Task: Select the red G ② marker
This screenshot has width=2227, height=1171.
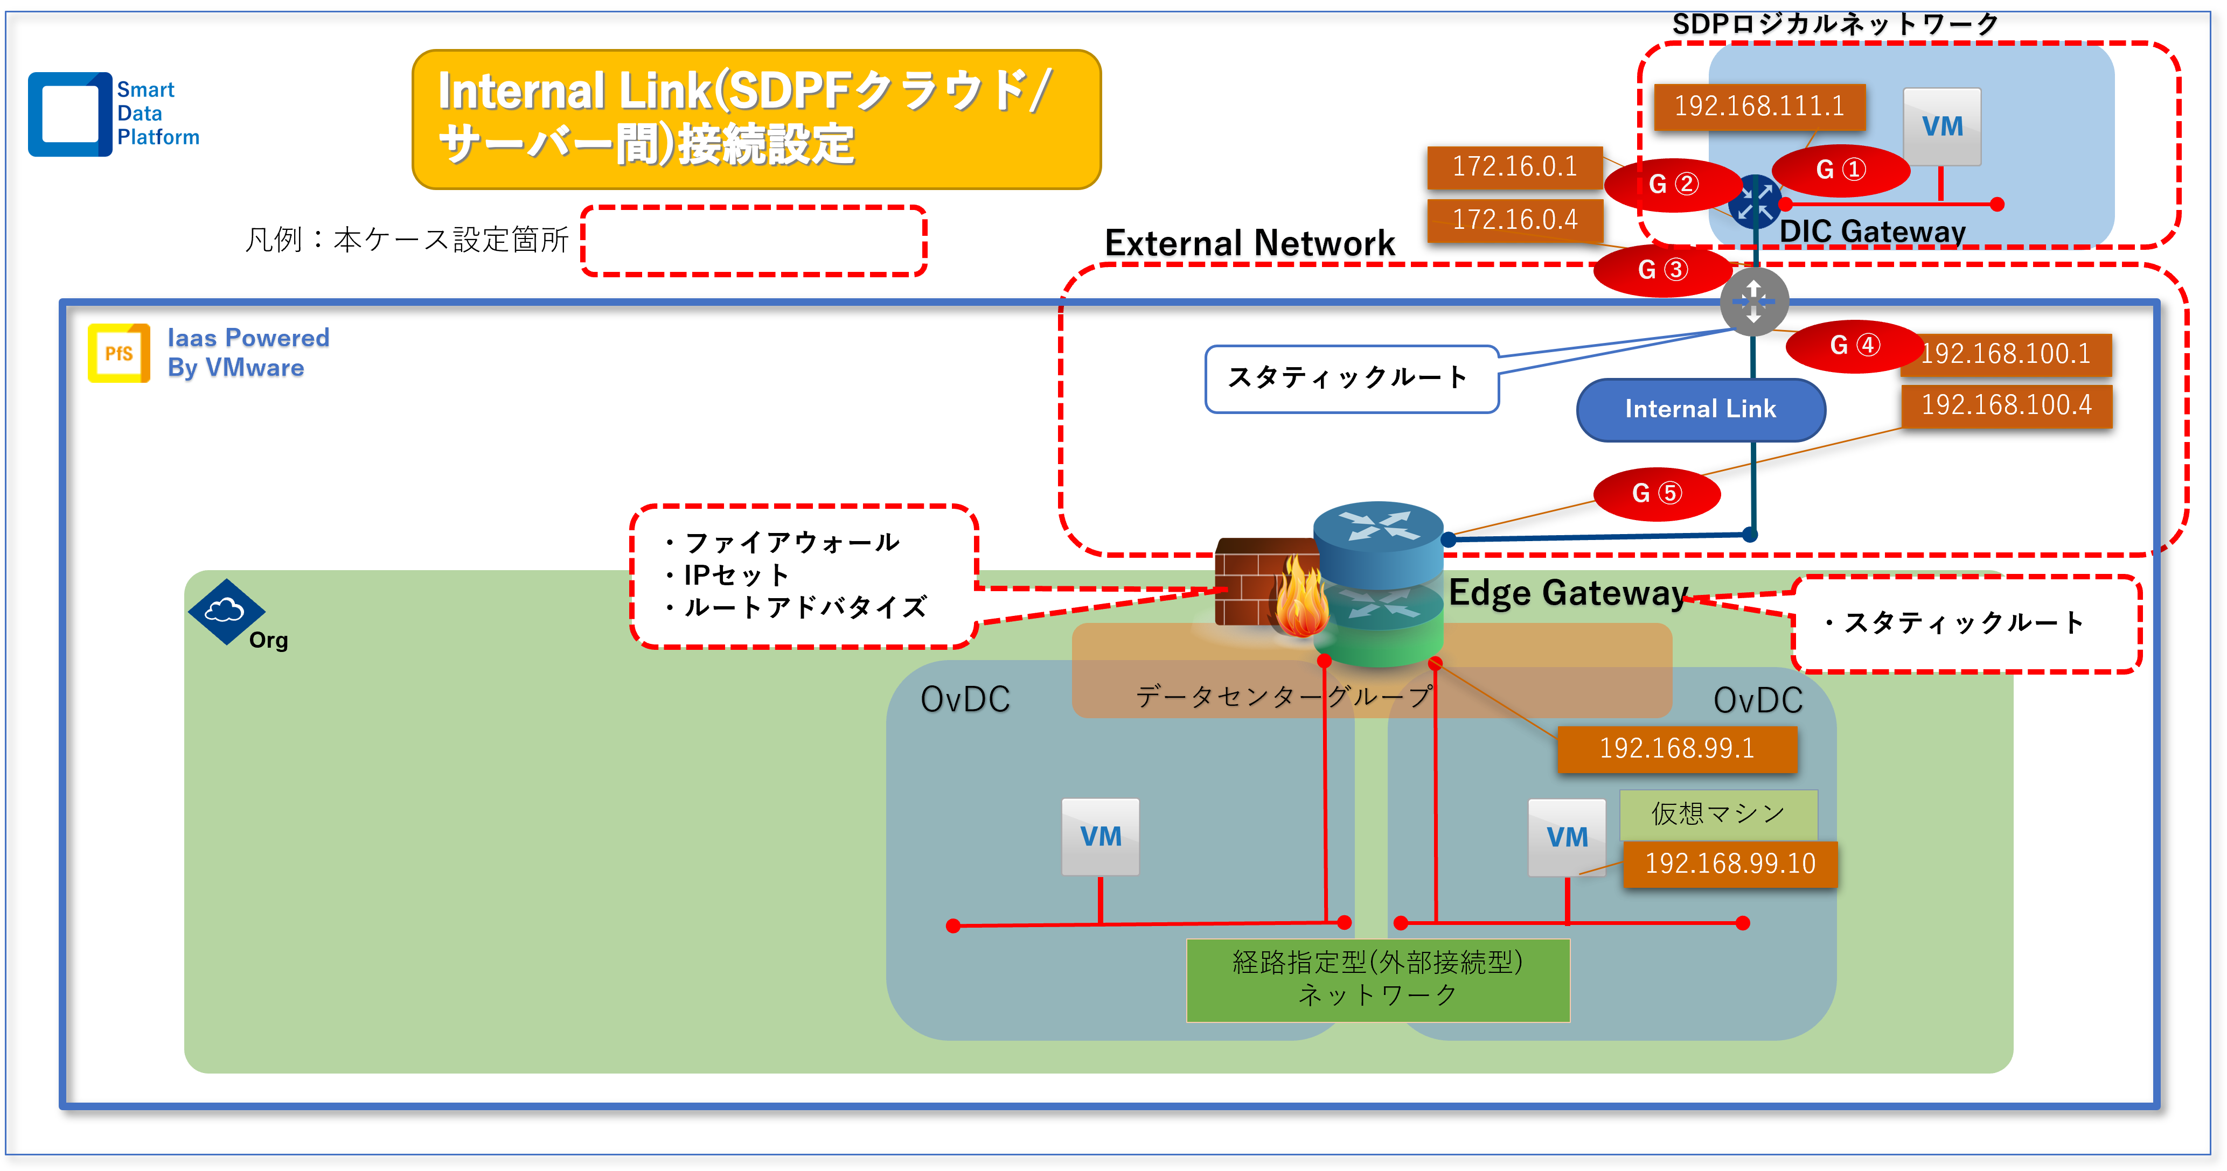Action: coord(1673,184)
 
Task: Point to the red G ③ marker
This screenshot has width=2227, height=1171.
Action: coord(1661,270)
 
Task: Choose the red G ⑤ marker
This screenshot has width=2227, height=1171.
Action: coord(1655,494)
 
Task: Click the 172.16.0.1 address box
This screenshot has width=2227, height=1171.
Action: coord(1515,166)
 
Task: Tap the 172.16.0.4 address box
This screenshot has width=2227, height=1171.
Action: coord(1515,220)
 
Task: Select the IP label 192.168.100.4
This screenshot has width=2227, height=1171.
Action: coord(2006,405)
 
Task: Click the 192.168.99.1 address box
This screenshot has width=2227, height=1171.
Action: coord(1676,748)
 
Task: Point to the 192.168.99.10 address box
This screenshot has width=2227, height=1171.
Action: coord(1730,864)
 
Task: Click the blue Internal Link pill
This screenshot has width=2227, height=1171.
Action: coord(1701,409)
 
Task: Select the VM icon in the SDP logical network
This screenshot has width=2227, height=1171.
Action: coord(1941,127)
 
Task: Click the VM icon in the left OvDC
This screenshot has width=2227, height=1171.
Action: coord(1099,837)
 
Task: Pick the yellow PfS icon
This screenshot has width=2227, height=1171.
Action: coord(119,353)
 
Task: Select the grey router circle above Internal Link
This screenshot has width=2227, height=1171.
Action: coord(1753,301)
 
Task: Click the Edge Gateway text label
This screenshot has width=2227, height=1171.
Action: coord(1568,593)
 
